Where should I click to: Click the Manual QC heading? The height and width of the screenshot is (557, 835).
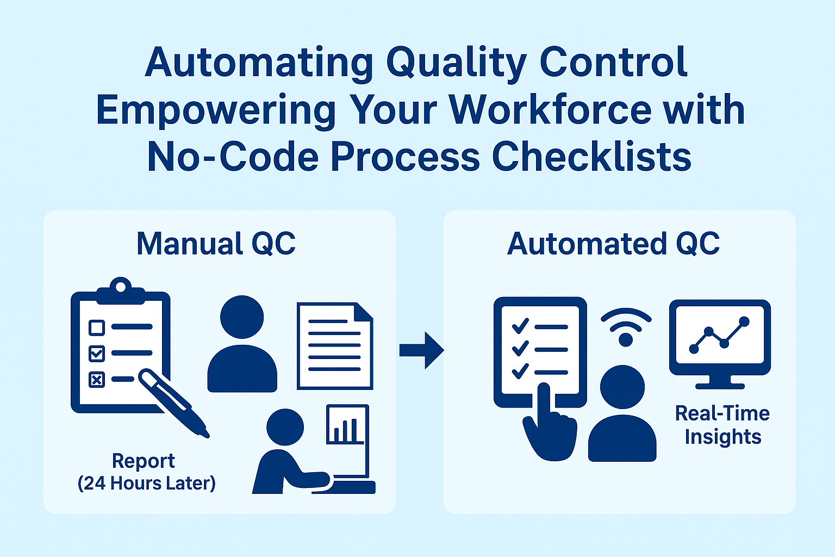click(216, 244)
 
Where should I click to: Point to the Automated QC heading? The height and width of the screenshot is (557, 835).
click(613, 244)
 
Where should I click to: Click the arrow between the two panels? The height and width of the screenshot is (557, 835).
click(422, 350)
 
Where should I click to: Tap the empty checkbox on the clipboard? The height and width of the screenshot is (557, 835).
click(97, 327)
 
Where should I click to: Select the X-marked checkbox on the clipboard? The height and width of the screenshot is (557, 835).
click(97, 379)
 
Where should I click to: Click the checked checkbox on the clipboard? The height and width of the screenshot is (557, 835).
click(97, 353)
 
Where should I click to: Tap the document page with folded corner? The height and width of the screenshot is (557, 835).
click(334, 346)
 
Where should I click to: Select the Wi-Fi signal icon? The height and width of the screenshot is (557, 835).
click(626, 327)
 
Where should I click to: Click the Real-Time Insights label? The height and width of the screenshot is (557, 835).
click(722, 425)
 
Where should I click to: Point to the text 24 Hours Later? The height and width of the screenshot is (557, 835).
click(147, 483)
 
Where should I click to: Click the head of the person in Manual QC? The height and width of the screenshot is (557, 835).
click(242, 317)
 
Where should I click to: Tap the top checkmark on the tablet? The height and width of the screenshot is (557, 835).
click(520, 326)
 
